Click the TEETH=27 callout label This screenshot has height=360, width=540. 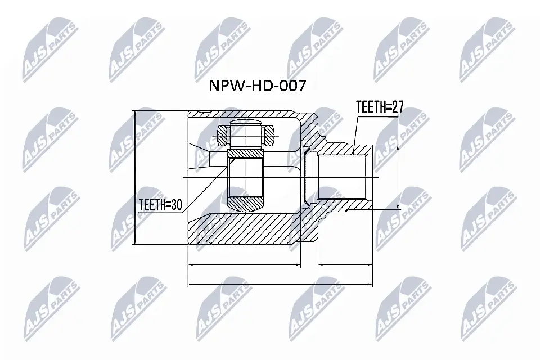pos(380,107)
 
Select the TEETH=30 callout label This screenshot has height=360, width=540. pos(160,206)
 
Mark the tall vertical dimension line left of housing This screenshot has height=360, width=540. pos(136,177)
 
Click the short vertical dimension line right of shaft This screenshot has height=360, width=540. pos(398,177)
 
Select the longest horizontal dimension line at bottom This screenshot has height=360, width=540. pos(281,284)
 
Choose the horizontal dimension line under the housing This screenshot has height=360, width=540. pos(245,264)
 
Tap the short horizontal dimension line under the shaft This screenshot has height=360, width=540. pos(346,264)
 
